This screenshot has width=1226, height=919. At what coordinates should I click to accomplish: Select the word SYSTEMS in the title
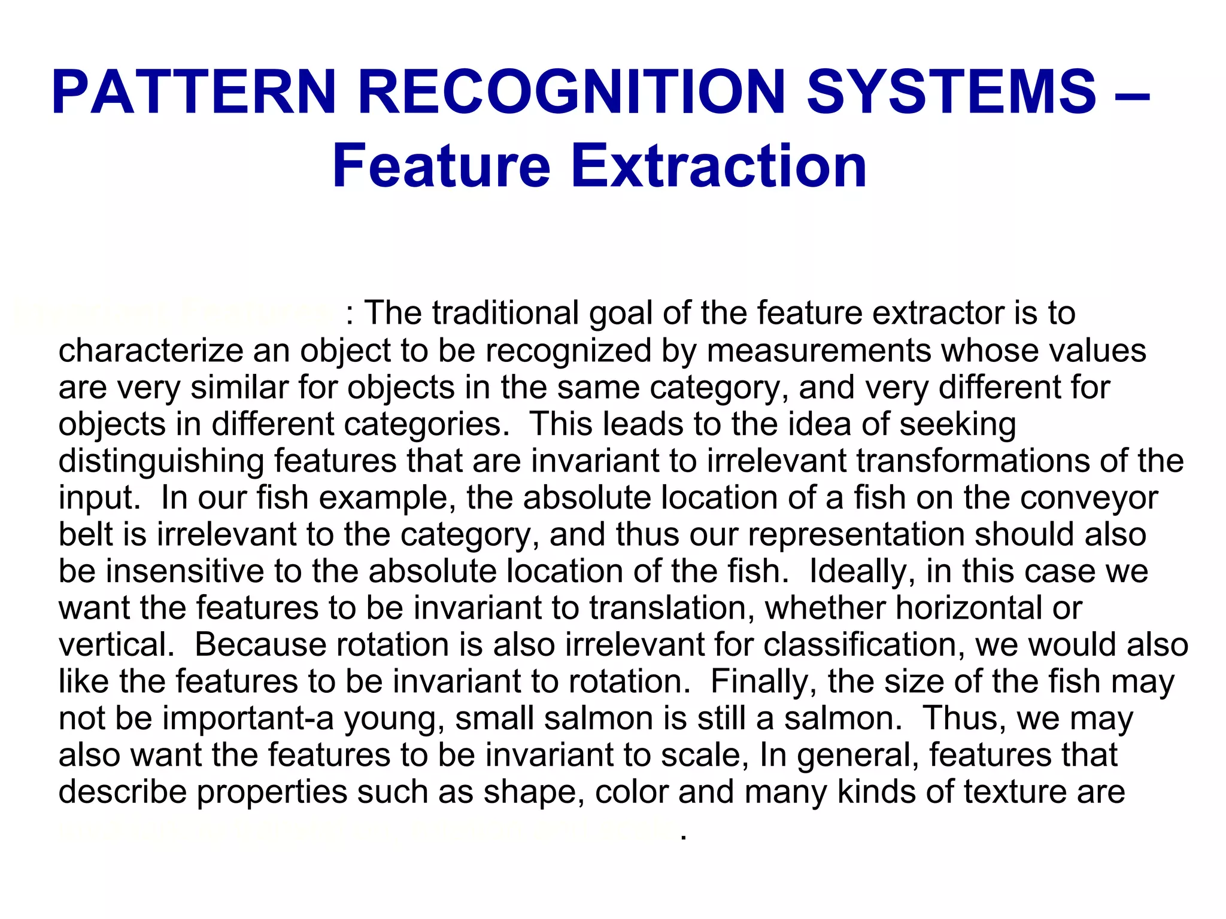coord(951,93)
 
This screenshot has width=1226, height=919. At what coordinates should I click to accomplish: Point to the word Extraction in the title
coord(718,166)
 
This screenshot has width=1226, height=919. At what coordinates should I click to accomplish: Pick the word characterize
coord(150,351)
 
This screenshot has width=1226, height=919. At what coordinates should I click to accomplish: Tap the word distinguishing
coord(161,461)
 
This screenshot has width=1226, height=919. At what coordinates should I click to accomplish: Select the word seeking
coord(957,424)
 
